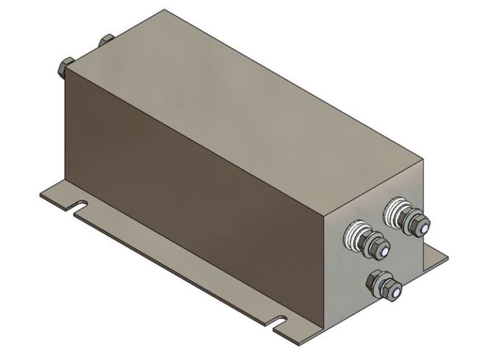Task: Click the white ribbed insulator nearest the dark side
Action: coord(359,232)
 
